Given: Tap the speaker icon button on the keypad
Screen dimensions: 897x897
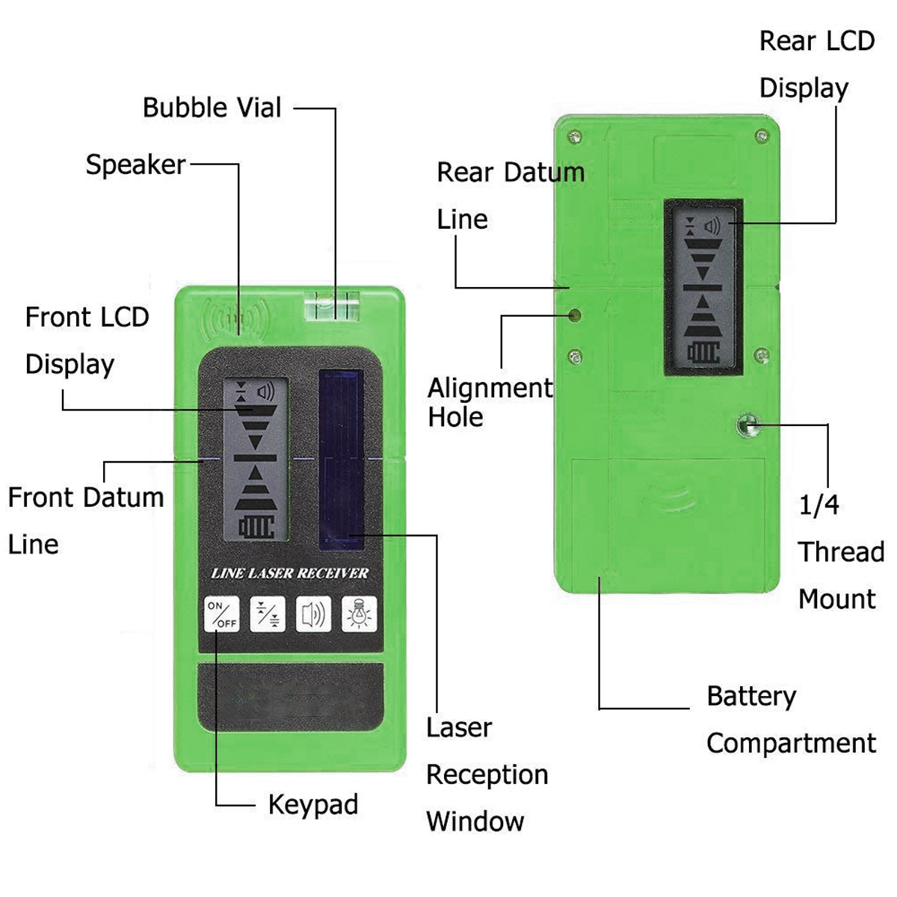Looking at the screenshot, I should (x=313, y=614).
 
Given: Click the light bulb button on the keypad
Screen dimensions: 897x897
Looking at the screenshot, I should (x=360, y=614).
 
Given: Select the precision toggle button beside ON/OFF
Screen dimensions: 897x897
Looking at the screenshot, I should (x=268, y=614).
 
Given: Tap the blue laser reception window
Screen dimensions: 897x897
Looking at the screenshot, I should (x=341, y=458).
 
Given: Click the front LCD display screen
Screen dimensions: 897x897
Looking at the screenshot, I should (x=255, y=457).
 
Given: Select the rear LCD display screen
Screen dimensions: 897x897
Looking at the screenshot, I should (x=703, y=287).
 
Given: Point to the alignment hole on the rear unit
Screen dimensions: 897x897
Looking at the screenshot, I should (x=575, y=315).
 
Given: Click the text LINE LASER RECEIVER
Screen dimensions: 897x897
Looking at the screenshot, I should (x=290, y=573).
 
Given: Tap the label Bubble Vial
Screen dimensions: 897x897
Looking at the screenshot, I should (x=212, y=108).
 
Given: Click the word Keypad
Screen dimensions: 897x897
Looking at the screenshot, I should (x=313, y=804).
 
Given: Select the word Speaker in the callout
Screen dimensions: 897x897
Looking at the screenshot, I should (x=135, y=164).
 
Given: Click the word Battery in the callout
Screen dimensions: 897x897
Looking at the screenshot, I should (x=751, y=697).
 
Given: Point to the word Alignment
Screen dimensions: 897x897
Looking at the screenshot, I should (x=490, y=389).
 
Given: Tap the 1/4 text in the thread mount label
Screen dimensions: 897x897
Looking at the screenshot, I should (x=819, y=506).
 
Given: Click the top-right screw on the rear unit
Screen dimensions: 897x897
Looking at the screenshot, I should (x=762, y=137).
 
